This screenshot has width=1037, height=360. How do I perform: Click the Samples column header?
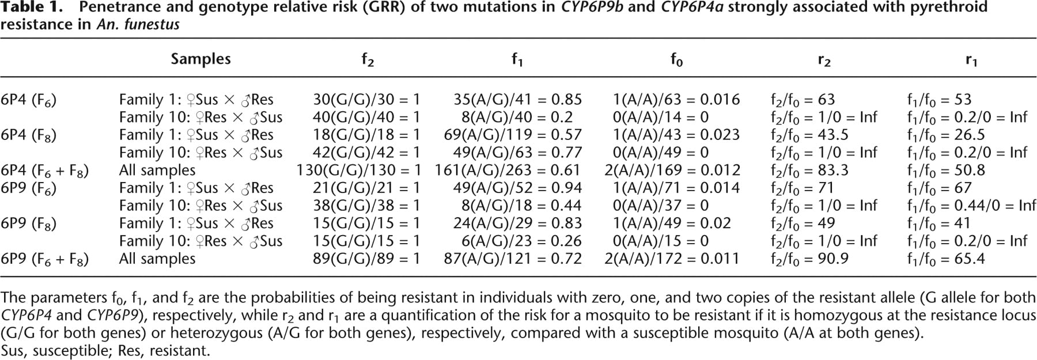click(200, 59)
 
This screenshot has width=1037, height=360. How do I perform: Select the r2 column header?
click(824, 60)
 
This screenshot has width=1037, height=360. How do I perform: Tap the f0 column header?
click(676, 59)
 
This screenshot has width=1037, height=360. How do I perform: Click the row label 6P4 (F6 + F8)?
click(45, 171)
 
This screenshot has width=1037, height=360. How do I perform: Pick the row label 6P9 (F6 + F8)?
click(45, 260)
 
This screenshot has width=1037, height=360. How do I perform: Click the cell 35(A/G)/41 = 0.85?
click(518, 100)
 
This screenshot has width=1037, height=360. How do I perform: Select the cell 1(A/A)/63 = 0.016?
click(676, 100)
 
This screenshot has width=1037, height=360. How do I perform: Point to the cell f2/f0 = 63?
click(803, 100)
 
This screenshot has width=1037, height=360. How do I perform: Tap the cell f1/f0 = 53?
click(939, 100)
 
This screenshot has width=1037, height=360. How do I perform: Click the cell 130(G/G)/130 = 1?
click(358, 170)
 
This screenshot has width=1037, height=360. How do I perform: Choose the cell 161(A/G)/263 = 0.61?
click(509, 170)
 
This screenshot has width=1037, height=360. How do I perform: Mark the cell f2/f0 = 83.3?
click(809, 171)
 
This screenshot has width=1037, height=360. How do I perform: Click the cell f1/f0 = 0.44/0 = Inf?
click(972, 206)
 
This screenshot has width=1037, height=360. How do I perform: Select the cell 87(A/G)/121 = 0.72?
click(513, 259)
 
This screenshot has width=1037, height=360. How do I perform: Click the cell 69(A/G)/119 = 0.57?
click(513, 135)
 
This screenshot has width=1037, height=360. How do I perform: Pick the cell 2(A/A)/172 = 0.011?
click(672, 259)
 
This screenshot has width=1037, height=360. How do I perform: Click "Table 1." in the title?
click(32, 8)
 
